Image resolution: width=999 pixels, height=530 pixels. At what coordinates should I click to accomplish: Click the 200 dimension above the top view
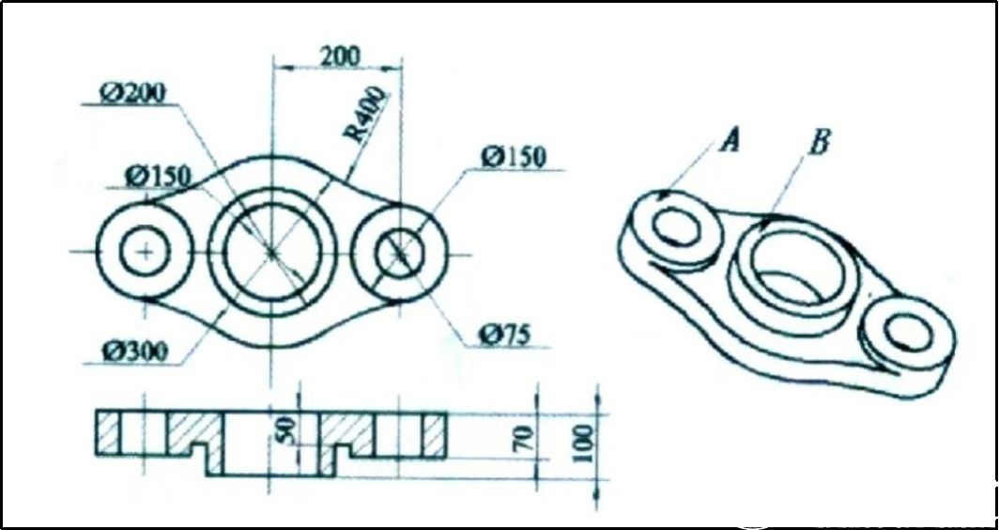pos(338,55)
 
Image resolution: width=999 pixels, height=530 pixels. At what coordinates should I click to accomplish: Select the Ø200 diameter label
pos(133,92)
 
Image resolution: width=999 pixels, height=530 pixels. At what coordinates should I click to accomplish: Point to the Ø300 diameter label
pos(137,352)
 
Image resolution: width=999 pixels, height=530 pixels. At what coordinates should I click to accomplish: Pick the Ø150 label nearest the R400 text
pos(515,157)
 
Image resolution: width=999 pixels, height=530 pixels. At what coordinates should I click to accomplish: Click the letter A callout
pos(730,141)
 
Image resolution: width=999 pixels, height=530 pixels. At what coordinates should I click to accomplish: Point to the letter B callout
pos(819,141)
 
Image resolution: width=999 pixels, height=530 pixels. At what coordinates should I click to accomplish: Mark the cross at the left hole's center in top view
pos(145,252)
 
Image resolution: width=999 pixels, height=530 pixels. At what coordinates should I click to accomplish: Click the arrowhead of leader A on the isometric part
pos(663,197)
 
